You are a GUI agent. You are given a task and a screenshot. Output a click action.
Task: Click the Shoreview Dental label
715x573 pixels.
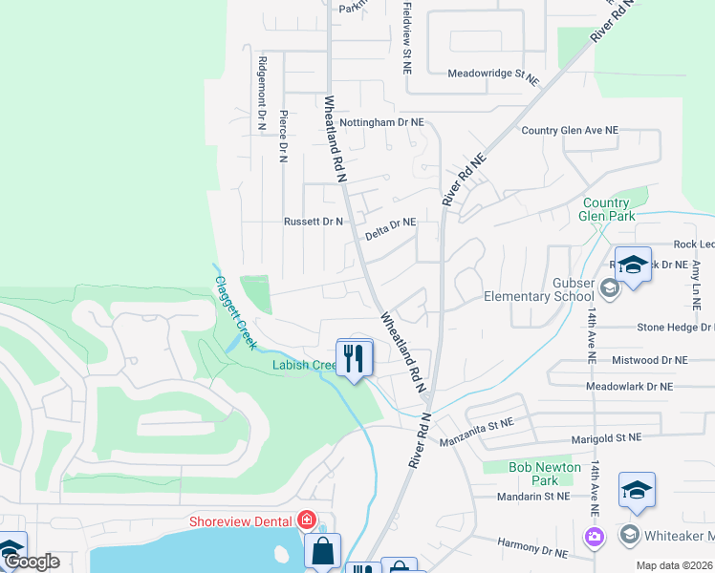coord(243,520)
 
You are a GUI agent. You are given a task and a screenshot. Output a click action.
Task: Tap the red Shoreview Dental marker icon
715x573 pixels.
coord(307,520)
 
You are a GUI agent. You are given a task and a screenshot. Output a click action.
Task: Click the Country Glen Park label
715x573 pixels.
coord(606,209)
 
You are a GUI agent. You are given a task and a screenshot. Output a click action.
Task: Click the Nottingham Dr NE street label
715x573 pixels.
coord(383,122)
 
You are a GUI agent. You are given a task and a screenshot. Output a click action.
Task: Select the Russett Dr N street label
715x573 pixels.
coord(313,222)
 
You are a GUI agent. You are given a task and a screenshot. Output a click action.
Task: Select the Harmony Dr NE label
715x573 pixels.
coord(532,547)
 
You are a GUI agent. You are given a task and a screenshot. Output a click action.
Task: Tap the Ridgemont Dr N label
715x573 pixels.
coord(261,92)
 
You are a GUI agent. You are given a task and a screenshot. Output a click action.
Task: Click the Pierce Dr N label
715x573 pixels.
coord(283,137)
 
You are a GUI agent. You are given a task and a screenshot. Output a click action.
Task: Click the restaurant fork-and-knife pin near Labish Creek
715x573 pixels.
coord(355,359)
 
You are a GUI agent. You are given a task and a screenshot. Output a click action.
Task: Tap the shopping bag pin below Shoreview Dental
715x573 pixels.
coord(323,550)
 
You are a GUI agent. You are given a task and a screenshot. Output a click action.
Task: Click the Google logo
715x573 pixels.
coord(32,562)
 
